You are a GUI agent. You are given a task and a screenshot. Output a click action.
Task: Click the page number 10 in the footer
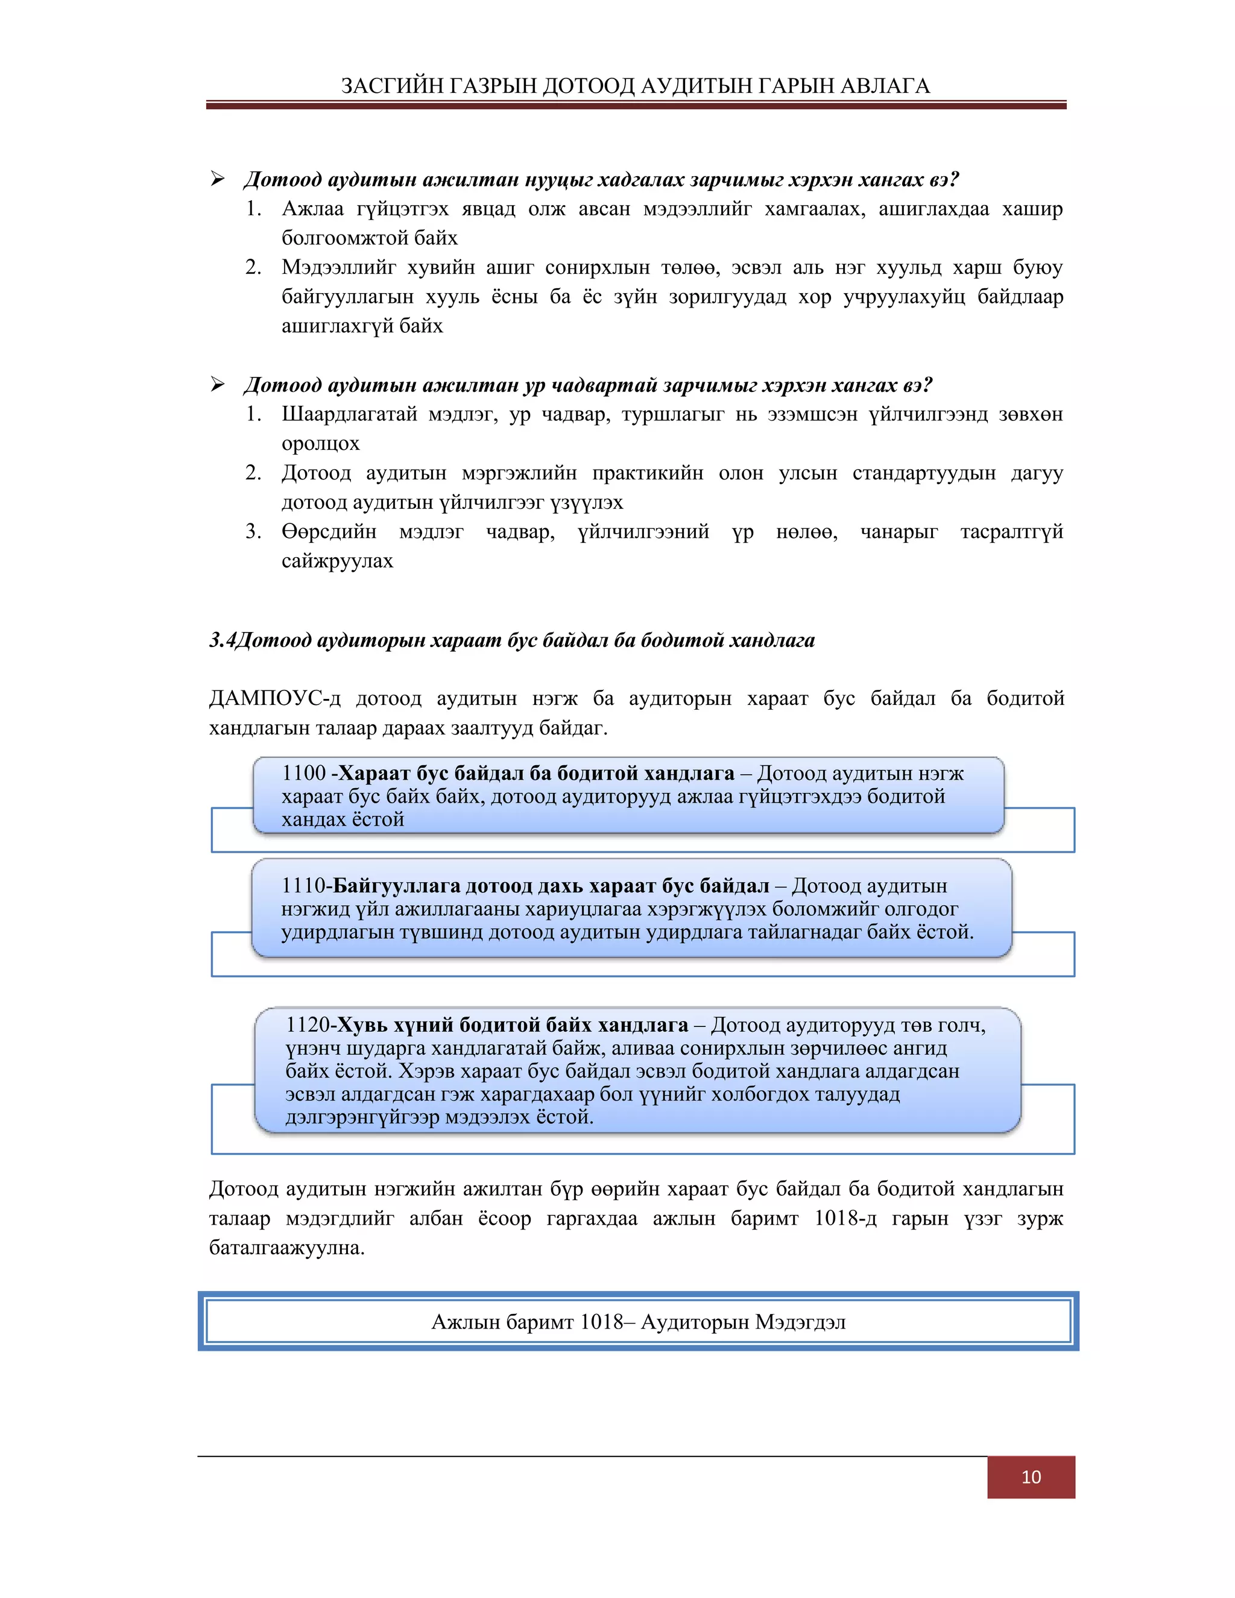1030,1477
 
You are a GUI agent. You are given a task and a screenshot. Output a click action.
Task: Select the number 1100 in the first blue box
303,774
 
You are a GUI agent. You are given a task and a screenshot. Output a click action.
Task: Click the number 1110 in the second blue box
303,886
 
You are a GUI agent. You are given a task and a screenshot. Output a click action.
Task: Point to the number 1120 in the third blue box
308,1025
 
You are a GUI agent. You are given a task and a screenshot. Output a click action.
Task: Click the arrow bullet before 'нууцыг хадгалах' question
217,178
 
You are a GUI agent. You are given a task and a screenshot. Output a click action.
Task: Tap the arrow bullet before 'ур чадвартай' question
217,384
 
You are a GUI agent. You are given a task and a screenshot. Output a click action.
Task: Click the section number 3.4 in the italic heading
223,640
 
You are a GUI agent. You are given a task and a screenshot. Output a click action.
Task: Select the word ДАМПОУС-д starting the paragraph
275,699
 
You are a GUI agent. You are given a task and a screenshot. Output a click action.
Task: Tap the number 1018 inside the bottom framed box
601,1322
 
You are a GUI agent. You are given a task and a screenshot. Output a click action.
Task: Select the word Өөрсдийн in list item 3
329,532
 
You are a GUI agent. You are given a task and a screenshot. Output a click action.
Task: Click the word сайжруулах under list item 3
337,561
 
